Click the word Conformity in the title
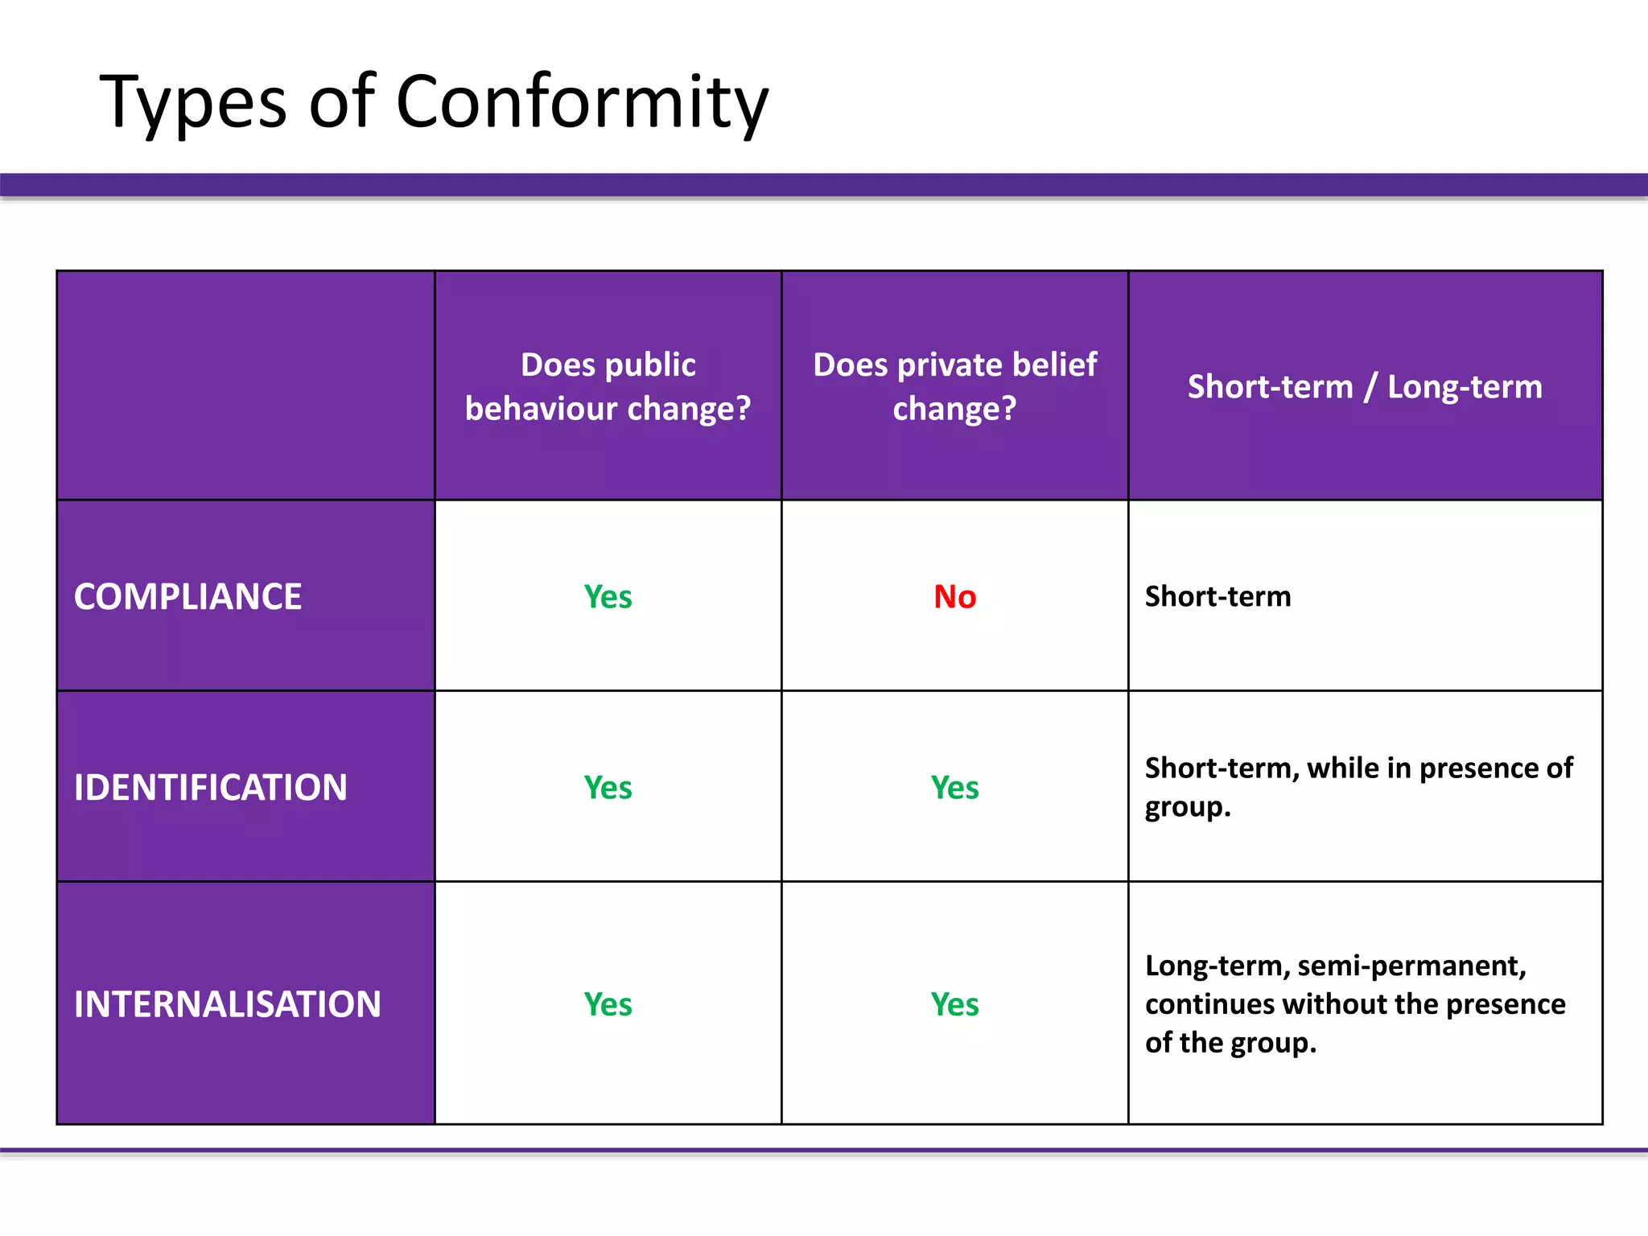tap(582, 102)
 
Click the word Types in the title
tap(193, 102)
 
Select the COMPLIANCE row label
tap(187, 597)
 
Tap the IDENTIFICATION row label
tap(210, 788)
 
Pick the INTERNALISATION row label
tap(227, 1004)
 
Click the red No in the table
tap(954, 597)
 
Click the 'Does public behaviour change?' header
tap(608, 386)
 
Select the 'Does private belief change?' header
tap(954, 386)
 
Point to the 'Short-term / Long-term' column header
tap(1365, 387)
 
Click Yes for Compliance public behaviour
tap(608, 597)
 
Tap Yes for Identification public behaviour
tap(608, 788)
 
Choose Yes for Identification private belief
tap(954, 788)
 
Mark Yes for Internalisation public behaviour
tap(608, 1004)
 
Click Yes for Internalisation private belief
tap(954, 1004)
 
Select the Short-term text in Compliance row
tap(1217, 596)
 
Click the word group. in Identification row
tap(1188, 807)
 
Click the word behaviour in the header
tap(542, 409)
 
